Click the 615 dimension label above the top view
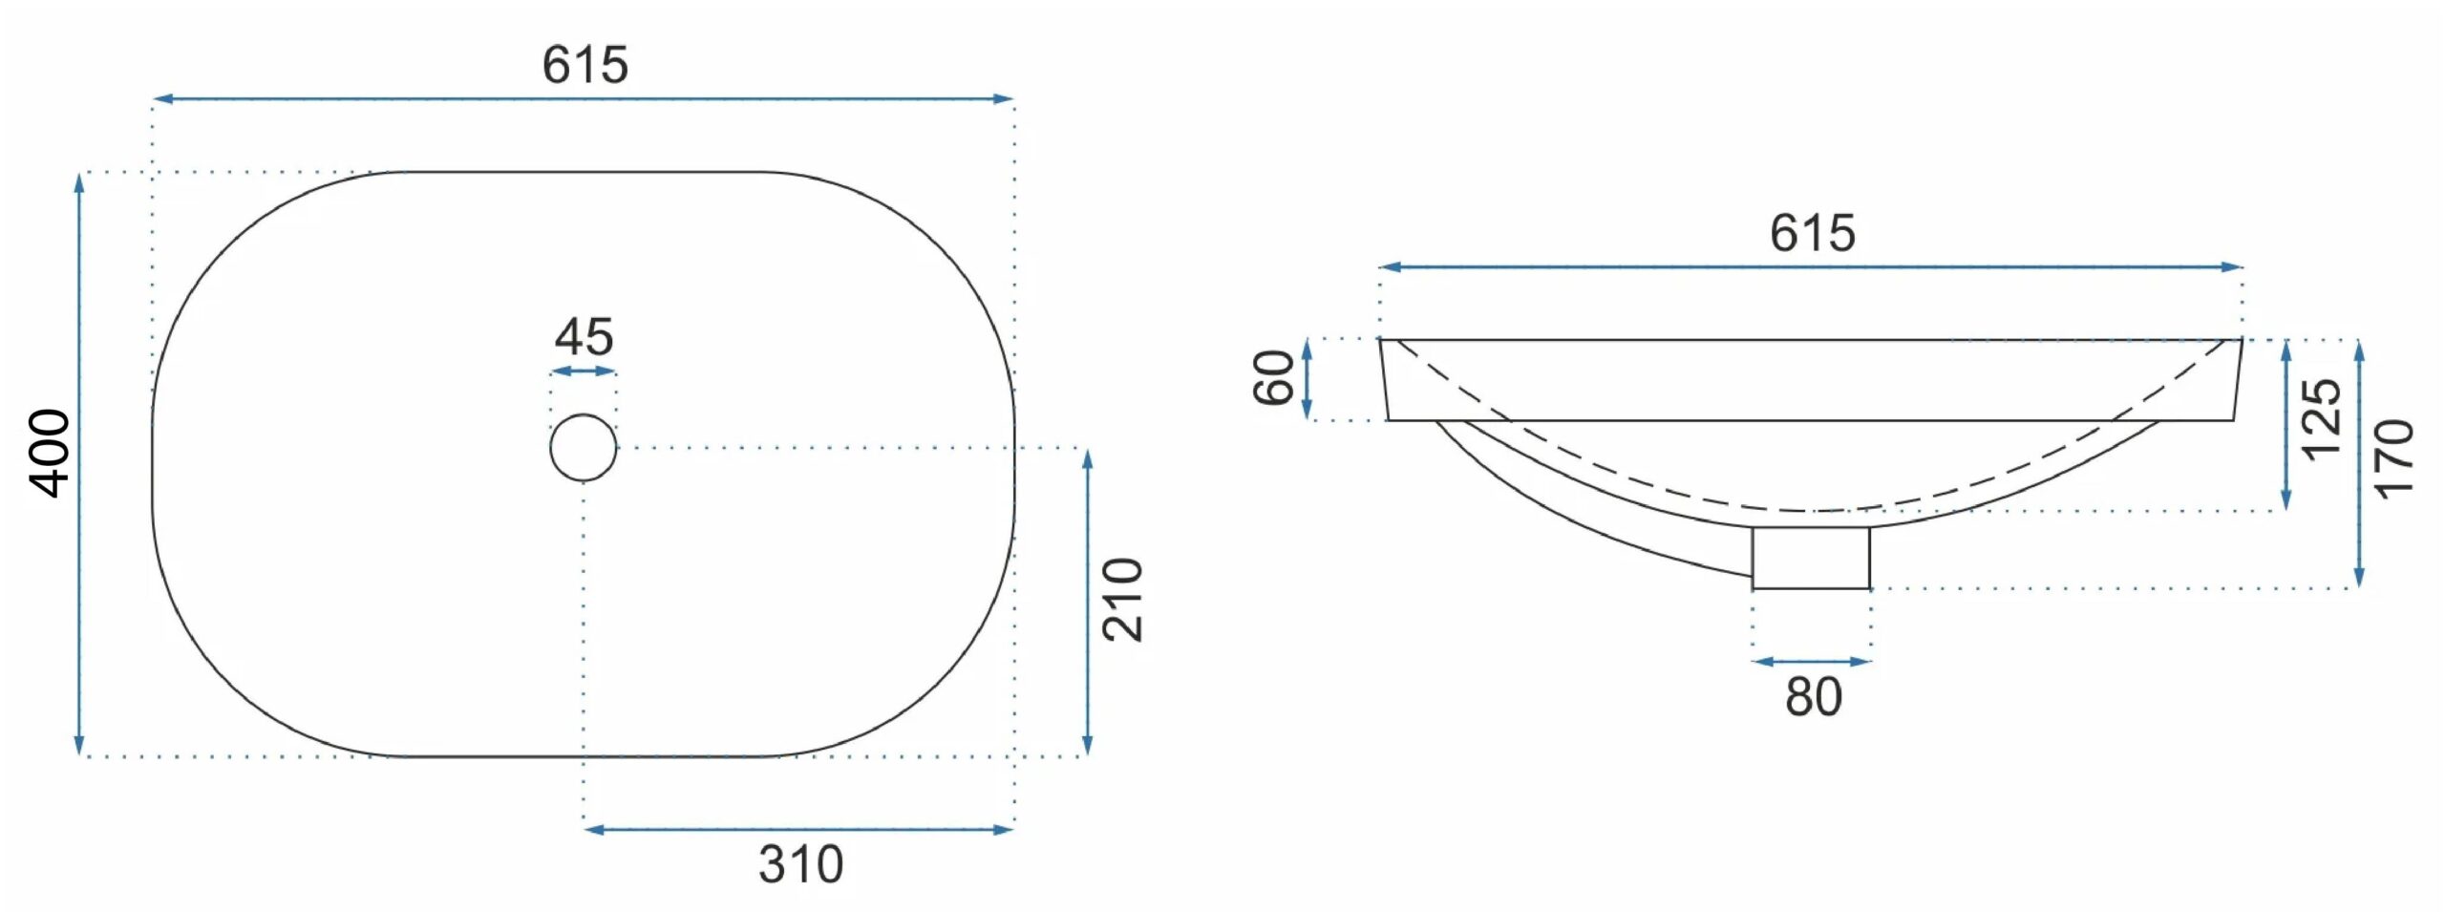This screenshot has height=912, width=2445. (x=585, y=65)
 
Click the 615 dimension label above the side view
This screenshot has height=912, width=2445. (x=1812, y=233)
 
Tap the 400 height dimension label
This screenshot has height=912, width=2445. (x=50, y=454)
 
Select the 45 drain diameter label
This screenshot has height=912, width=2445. (x=584, y=336)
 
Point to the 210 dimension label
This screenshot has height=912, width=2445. (x=1122, y=600)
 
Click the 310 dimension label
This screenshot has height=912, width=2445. (x=800, y=864)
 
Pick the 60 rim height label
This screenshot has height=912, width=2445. (x=1273, y=378)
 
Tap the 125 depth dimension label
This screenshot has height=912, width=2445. (x=2321, y=420)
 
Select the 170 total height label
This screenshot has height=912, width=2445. (x=2393, y=459)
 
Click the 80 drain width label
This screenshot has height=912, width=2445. (x=1813, y=697)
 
